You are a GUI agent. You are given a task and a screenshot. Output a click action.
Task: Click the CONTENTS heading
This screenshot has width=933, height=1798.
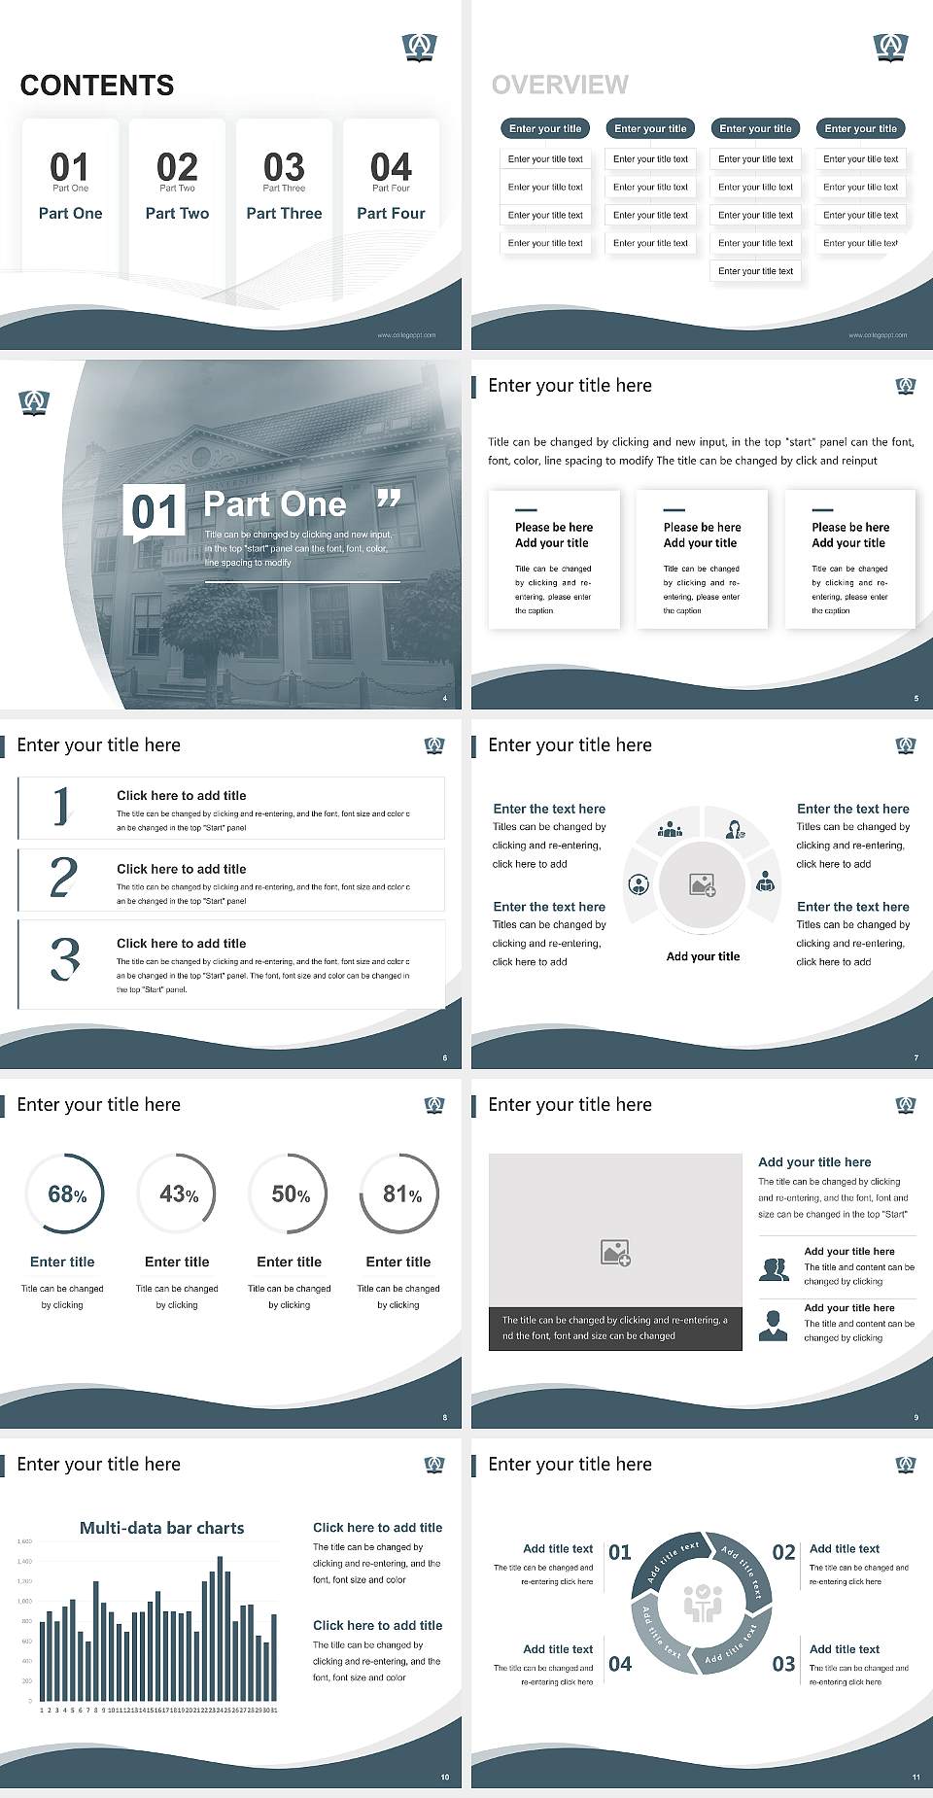97,86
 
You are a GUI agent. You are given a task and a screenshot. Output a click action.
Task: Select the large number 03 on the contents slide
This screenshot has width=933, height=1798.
284,166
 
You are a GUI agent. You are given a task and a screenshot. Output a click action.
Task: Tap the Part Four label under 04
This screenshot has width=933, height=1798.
391,213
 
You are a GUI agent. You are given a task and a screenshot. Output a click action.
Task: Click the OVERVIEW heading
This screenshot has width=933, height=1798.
560,85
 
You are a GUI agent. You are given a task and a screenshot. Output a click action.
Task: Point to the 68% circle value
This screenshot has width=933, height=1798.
67,1193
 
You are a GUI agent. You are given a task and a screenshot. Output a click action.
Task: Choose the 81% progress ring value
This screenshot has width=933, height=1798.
401,1193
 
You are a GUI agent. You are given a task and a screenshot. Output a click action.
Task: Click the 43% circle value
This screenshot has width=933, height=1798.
179,1193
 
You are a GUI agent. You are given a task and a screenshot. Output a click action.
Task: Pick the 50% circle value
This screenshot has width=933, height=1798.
291,1193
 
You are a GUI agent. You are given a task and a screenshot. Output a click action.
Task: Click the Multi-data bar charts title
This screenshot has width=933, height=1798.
162,1528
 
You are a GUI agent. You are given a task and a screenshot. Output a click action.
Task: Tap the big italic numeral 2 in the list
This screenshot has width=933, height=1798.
63,879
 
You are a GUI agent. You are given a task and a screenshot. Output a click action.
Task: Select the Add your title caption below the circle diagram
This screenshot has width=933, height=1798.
703,956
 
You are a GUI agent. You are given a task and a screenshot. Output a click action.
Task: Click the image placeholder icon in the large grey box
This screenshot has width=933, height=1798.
615,1252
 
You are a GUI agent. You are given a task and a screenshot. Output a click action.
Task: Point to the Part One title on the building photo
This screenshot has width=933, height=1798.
275,503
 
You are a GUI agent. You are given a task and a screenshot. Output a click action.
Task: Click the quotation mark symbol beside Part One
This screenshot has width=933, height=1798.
389,499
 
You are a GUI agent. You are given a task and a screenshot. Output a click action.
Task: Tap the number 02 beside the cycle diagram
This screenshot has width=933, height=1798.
783,1552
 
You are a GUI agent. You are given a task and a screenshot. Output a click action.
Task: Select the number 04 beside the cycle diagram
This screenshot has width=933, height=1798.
620,1664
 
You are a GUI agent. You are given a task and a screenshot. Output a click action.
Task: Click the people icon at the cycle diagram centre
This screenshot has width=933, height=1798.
703,1604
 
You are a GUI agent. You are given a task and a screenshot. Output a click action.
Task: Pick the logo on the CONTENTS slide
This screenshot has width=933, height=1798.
419,47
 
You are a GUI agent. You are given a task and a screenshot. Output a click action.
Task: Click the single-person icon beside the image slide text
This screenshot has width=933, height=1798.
773,1325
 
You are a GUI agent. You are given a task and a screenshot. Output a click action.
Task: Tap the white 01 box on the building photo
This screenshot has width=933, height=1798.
155,511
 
